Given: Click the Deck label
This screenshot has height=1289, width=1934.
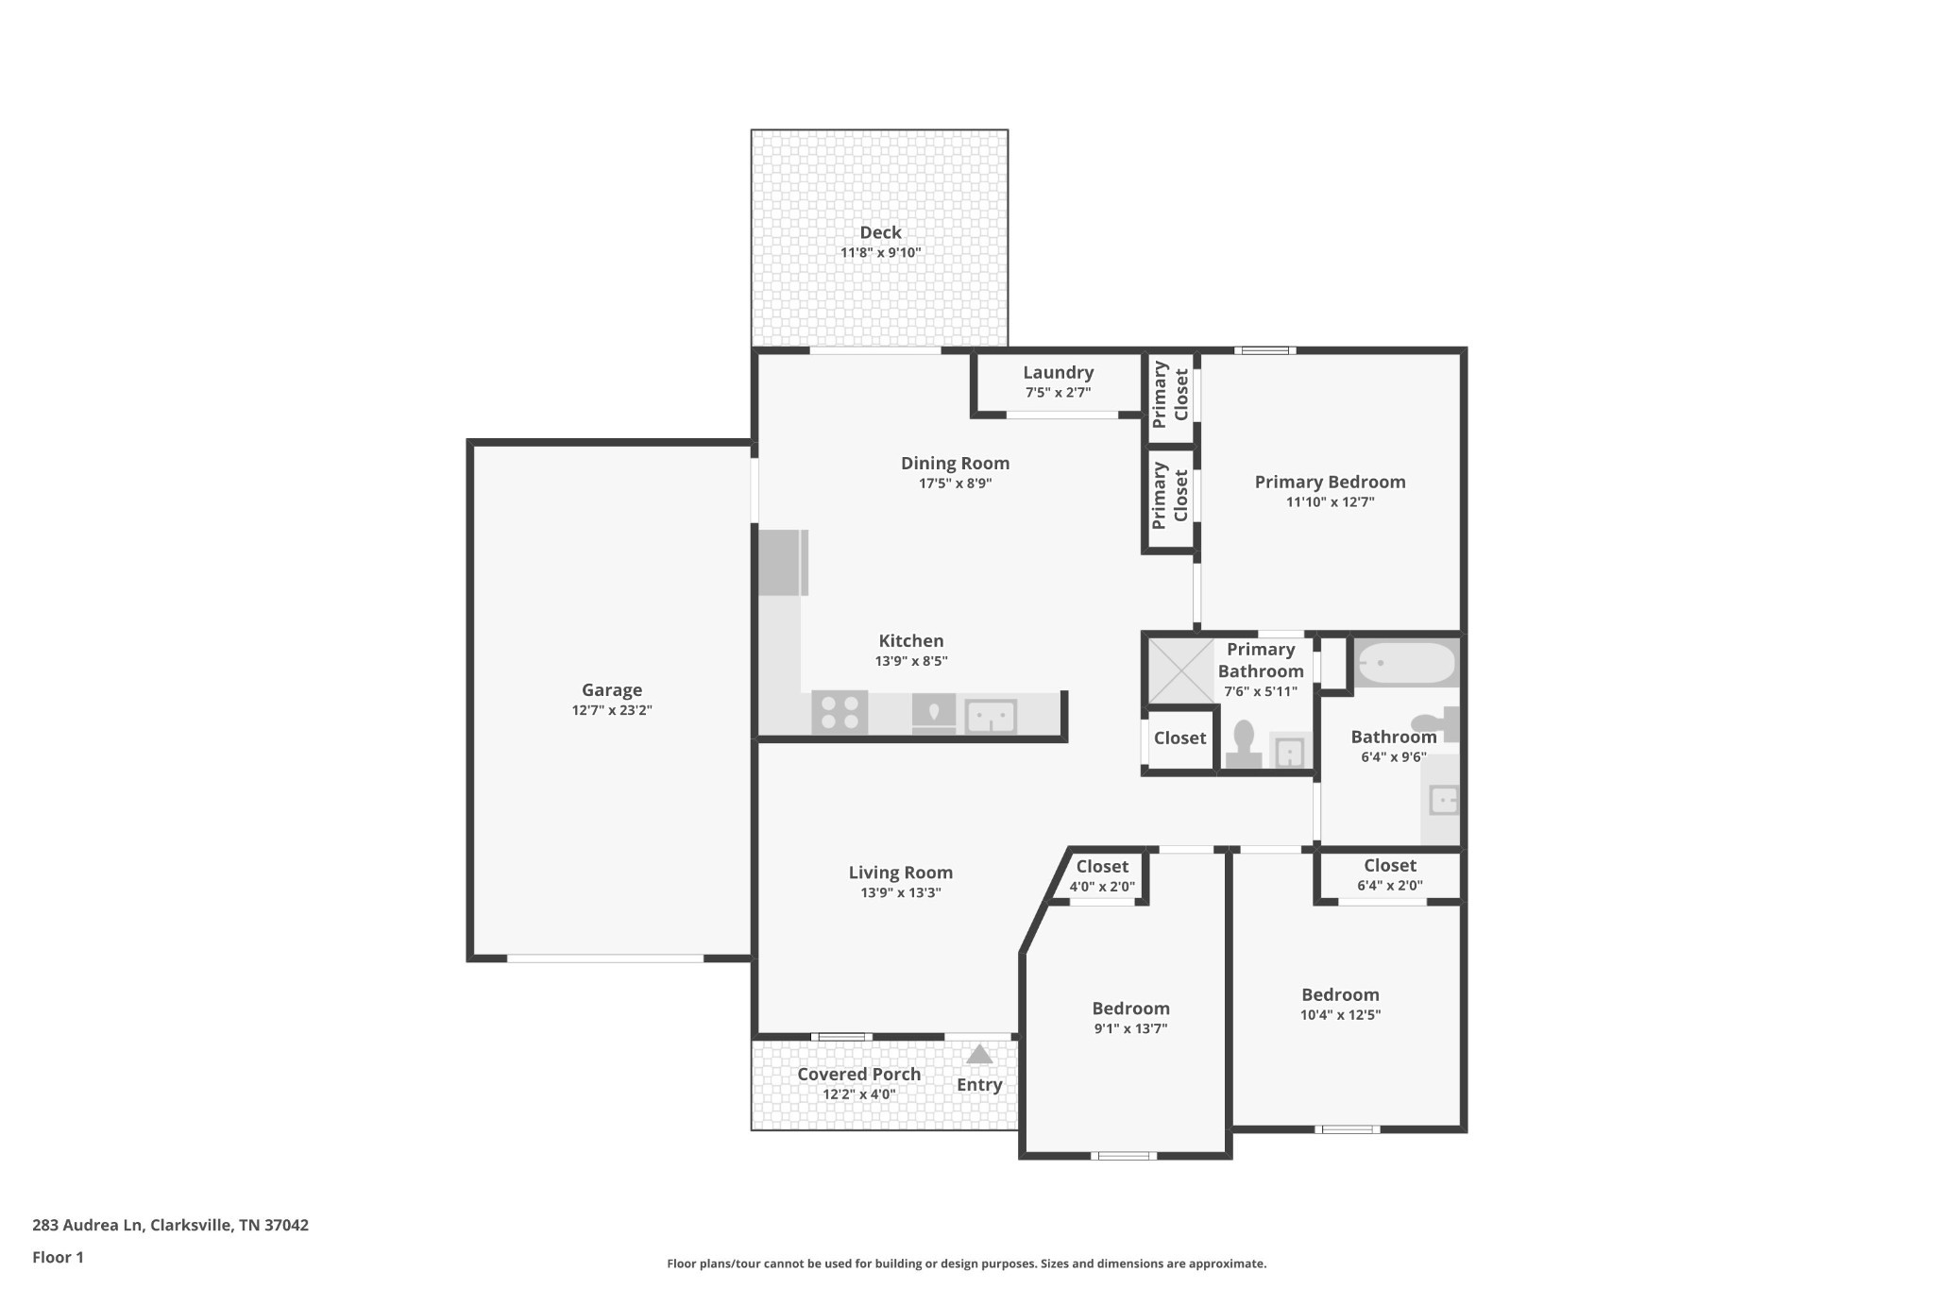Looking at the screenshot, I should point(880,232).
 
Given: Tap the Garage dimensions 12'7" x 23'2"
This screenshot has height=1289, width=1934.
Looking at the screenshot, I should point(612,710).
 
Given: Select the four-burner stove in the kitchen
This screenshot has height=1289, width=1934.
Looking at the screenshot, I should point(840,712).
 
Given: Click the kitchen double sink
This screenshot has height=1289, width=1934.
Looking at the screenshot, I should point(991,717).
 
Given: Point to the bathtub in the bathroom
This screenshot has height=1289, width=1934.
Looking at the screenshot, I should point(1406,663).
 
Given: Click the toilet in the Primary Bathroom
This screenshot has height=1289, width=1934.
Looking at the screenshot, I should point(1244,742).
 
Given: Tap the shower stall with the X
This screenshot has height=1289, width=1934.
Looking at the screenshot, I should point(1179,670).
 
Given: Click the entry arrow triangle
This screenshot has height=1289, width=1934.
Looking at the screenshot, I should point(979,1054).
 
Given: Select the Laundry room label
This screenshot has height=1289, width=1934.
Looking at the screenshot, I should point(1058,372).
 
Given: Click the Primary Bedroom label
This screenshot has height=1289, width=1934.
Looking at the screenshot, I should point(1330,482).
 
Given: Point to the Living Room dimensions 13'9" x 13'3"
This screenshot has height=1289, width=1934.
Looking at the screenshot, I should point(900,892).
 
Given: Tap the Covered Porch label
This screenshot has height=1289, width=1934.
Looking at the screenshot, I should point(858,1074).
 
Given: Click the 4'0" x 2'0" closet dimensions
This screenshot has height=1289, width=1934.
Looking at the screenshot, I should point(1102,887).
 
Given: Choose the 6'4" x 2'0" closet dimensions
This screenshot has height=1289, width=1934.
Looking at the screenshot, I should point(1389,886).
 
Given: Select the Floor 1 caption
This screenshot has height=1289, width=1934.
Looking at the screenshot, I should point(58,1257).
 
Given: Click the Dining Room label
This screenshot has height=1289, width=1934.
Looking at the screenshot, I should point(955,463).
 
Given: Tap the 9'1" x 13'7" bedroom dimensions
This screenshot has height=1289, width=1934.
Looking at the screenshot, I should point(1130,1028).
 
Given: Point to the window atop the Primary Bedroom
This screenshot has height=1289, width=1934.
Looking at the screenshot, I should point(1264,350).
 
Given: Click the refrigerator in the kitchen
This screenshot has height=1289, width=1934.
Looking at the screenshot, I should point(780,563).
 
